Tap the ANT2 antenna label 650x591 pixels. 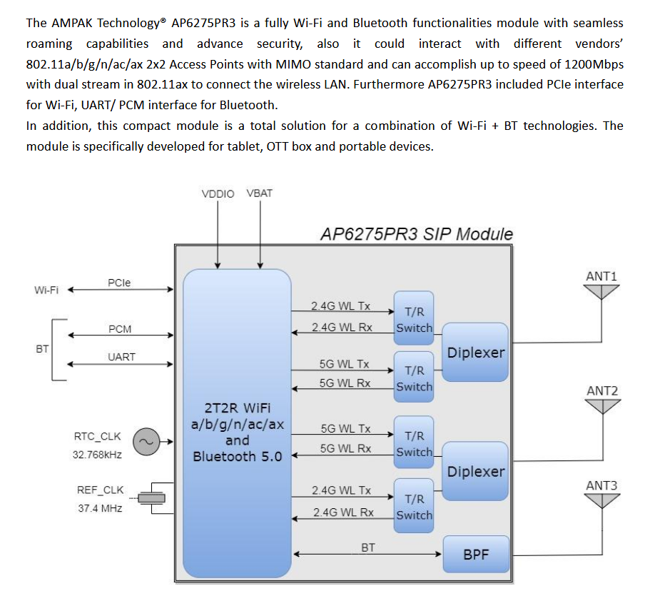click(x=602, y=391)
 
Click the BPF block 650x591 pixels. click(x=476, y=554)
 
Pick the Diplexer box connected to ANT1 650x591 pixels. click(x=475, y=353)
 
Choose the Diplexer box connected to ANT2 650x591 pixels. click(x=475, y=472)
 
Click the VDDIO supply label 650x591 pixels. click(x=218, y=193)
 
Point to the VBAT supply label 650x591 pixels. click(x=259, y=193)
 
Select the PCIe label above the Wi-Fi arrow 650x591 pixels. click(x=119, y=283)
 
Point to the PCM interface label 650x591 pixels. click(x=120, y=329)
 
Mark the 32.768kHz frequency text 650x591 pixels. click(x=98, y=454)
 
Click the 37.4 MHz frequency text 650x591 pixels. click(x=100, y=508)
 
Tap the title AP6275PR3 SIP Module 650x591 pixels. click(x=417, y=234)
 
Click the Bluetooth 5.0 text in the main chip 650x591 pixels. click(x=238, y=456)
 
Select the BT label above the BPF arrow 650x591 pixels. click(x=368, y=547)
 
